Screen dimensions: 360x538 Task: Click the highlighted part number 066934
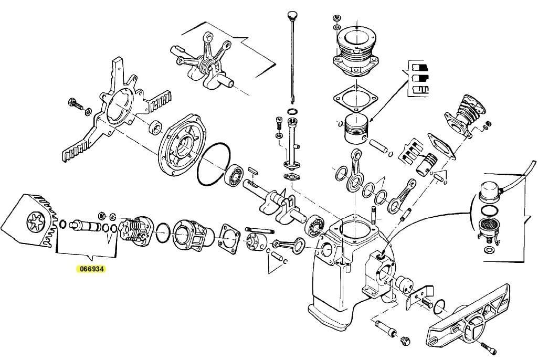(90, 269)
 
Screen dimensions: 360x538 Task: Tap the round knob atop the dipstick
(292, 13)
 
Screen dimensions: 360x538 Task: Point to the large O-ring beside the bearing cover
(214, 164)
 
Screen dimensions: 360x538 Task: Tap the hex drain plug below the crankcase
(404, 341)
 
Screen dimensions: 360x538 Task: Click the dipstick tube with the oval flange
(290, 152)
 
